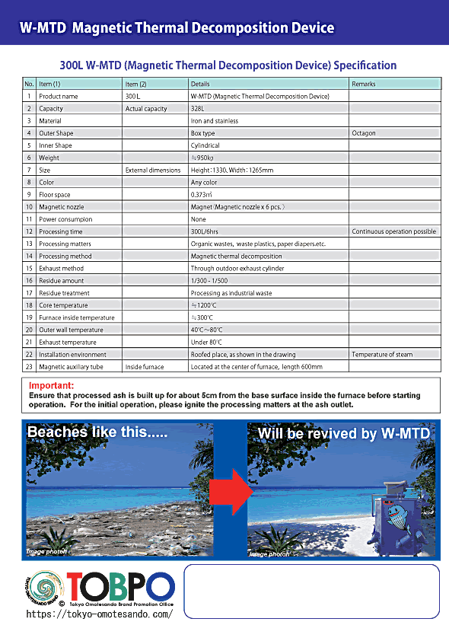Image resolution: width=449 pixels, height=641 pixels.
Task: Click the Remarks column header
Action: point(364,84)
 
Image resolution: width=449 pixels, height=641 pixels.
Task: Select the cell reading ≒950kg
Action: point(202,158)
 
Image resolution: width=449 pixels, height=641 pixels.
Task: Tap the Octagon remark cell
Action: point(364,133)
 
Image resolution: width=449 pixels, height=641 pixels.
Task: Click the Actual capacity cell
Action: point(145,109)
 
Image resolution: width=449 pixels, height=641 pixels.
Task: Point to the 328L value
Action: point(198,109)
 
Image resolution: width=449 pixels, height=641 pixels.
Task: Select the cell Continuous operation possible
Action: point(393,231)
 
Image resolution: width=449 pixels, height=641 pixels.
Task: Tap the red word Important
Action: point(51,386)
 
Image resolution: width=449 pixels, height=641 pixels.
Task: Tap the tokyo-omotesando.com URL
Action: point(99,614)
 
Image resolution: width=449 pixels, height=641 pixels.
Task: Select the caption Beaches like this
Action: point(97,432)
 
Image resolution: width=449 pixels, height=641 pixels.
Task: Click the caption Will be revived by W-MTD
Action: point(343,434)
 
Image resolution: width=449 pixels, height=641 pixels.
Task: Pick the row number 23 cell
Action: point(29,367)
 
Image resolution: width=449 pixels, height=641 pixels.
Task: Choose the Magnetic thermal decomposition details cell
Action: point(236,257)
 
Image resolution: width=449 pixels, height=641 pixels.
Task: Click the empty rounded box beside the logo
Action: point(312,591)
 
